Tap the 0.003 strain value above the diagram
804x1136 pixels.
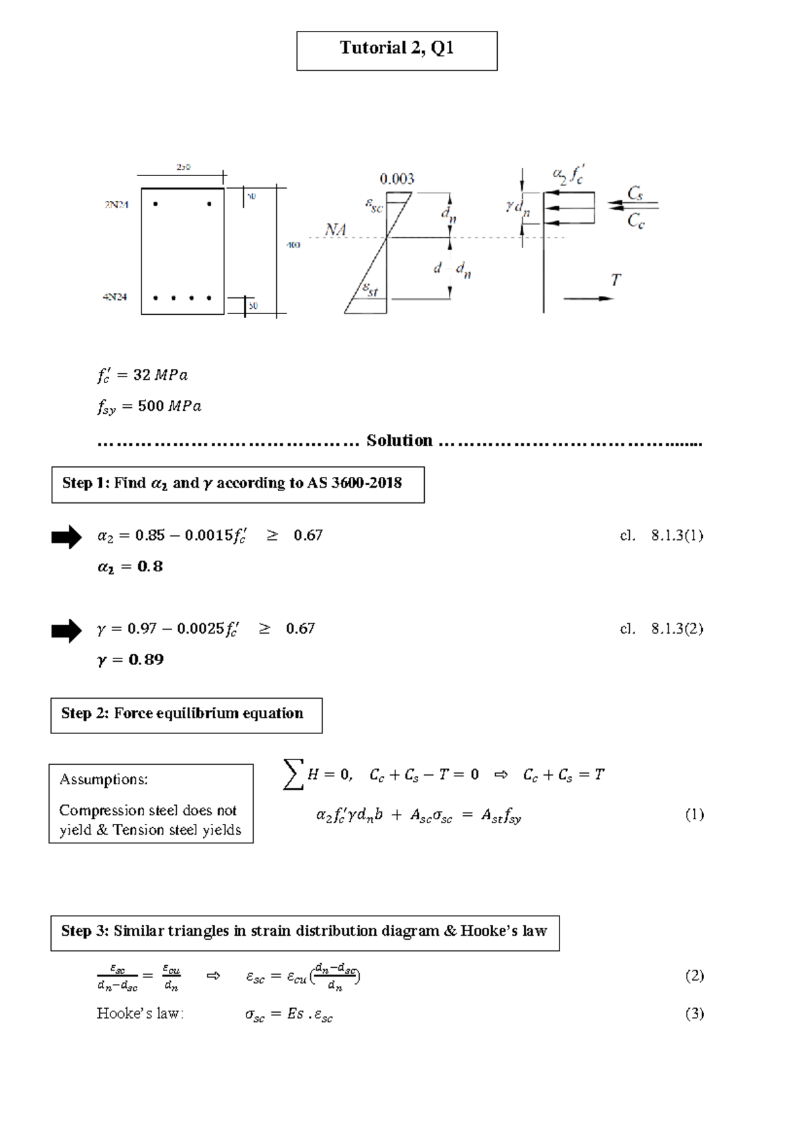click(x=397, y=179)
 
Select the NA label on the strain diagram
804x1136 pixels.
click(x=336, y=230)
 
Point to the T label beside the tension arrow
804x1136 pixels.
click(x=615, y=280)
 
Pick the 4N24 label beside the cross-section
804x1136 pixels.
click(x=115, y=297)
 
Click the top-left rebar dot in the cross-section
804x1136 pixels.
click(x=156, y=204)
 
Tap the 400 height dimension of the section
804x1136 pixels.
click(x=293, y=245)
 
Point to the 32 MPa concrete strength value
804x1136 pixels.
click(x=160, y=375)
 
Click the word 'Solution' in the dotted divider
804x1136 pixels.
click(x=399, y=441)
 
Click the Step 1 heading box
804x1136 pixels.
click(x=238, y=484)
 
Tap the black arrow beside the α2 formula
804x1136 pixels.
click(x=66, y=537)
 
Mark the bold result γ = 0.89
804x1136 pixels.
click(x=131, y=660)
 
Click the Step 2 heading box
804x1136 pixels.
click(x=186, y=715)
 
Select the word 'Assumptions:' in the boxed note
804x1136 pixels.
click(x=104, y=780)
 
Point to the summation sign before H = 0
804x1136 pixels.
click(x=293, y=774)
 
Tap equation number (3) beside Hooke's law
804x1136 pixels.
click(x=694, y=1013)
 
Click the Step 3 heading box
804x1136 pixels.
click(x=305, y=932)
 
